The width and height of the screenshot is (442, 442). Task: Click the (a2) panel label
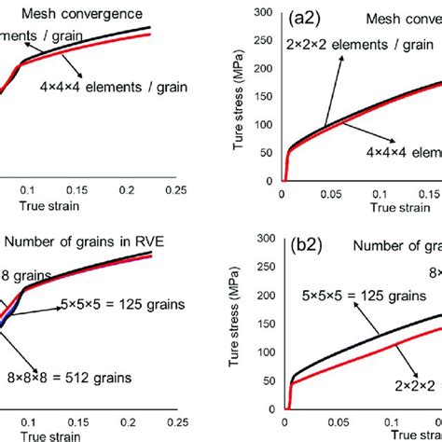pyautogui.click(x=309, y=18)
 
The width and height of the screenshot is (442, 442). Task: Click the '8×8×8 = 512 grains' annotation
pyautogui.click(x=79, y=379)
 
